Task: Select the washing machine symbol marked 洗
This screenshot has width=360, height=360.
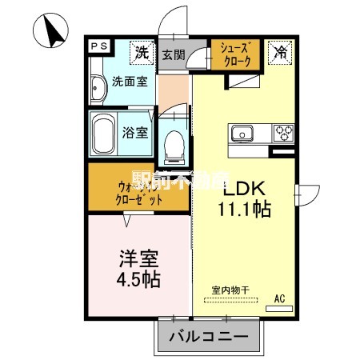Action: (142, 54)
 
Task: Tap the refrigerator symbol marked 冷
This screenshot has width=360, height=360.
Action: (281, 54)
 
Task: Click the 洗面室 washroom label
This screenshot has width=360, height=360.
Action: (128, 81)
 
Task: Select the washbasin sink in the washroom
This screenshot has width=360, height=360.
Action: (98, 89)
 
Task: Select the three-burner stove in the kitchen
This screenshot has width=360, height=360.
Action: (283, 132)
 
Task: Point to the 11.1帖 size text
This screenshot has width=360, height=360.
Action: (244, 210)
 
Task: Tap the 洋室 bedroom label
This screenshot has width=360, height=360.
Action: (139, 259)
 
